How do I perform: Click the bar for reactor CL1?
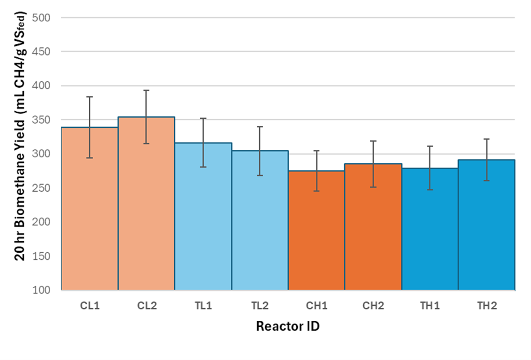click(89, 218)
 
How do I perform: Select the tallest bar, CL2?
click(146, 212)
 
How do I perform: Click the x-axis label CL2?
click(146, 306)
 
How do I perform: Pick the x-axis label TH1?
click(429, 306)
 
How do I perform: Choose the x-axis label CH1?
click(316, 306)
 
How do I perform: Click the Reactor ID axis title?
click(288, 327)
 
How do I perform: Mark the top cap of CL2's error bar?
click(146, 90)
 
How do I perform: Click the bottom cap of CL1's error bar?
click(89, 158)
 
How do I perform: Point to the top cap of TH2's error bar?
click(486, 139)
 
